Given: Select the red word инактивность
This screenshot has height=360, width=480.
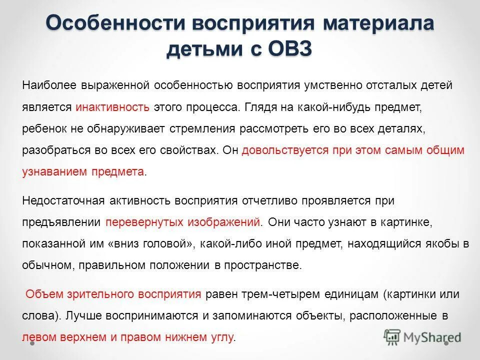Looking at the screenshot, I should tap(112, 107).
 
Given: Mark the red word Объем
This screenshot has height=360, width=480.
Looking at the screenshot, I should tap(40, 294).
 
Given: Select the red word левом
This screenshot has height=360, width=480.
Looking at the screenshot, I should tap(36, 337).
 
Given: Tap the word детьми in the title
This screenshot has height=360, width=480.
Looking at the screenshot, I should tap(198, 50).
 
